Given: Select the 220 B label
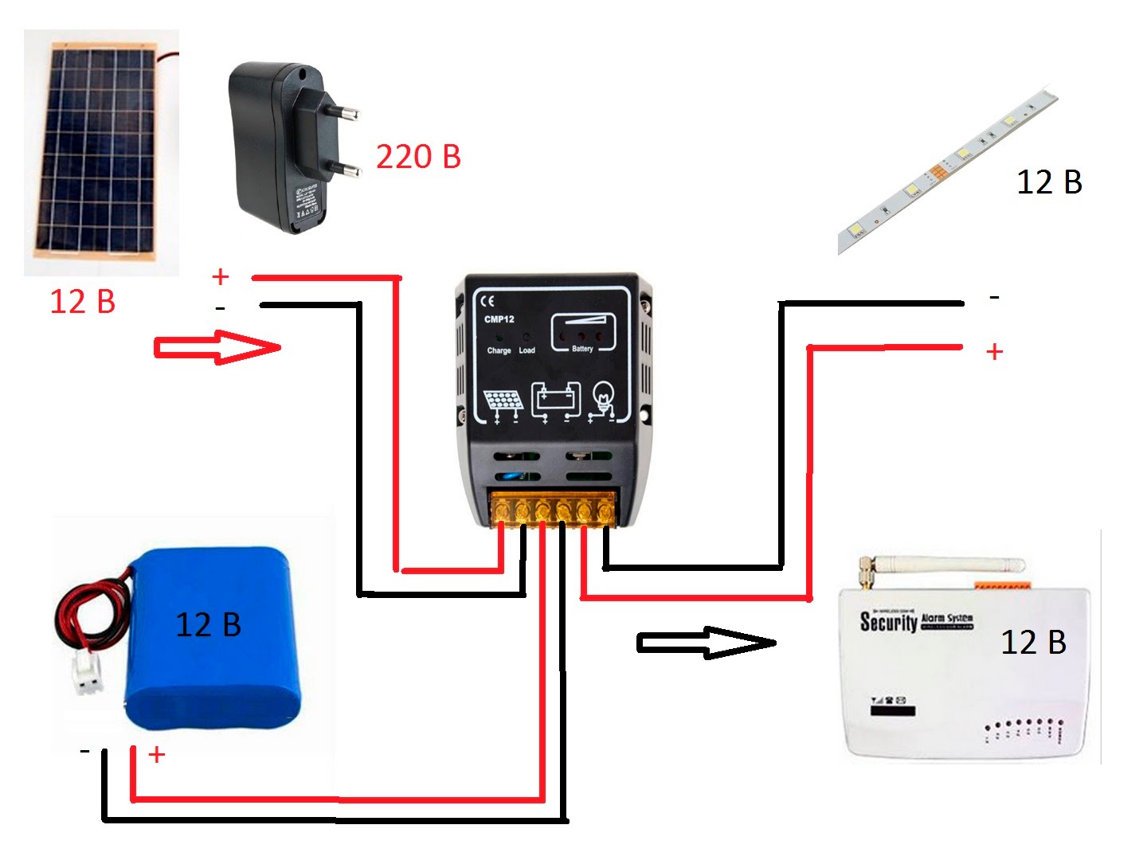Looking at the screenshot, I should tap(418, 157).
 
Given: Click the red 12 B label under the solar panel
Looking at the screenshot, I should tap(82, 302).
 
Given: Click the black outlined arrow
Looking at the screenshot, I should tap(706, 643).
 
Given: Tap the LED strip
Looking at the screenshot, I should tap(948, 171).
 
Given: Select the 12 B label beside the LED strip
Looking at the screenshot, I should tap(1049, 182).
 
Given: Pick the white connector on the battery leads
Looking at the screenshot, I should tap(88, 674).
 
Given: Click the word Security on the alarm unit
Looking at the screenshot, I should tap(888, 621).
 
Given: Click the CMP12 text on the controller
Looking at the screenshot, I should tap(499, 319).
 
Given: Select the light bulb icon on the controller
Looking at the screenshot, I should tap(603, 400).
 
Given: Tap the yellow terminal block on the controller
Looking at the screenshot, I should tap(553, 509).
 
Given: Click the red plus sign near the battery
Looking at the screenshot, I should tap(157, 754).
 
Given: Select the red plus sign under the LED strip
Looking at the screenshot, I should tap(994, 351).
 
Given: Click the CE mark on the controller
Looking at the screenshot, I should tap(487, 301).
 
